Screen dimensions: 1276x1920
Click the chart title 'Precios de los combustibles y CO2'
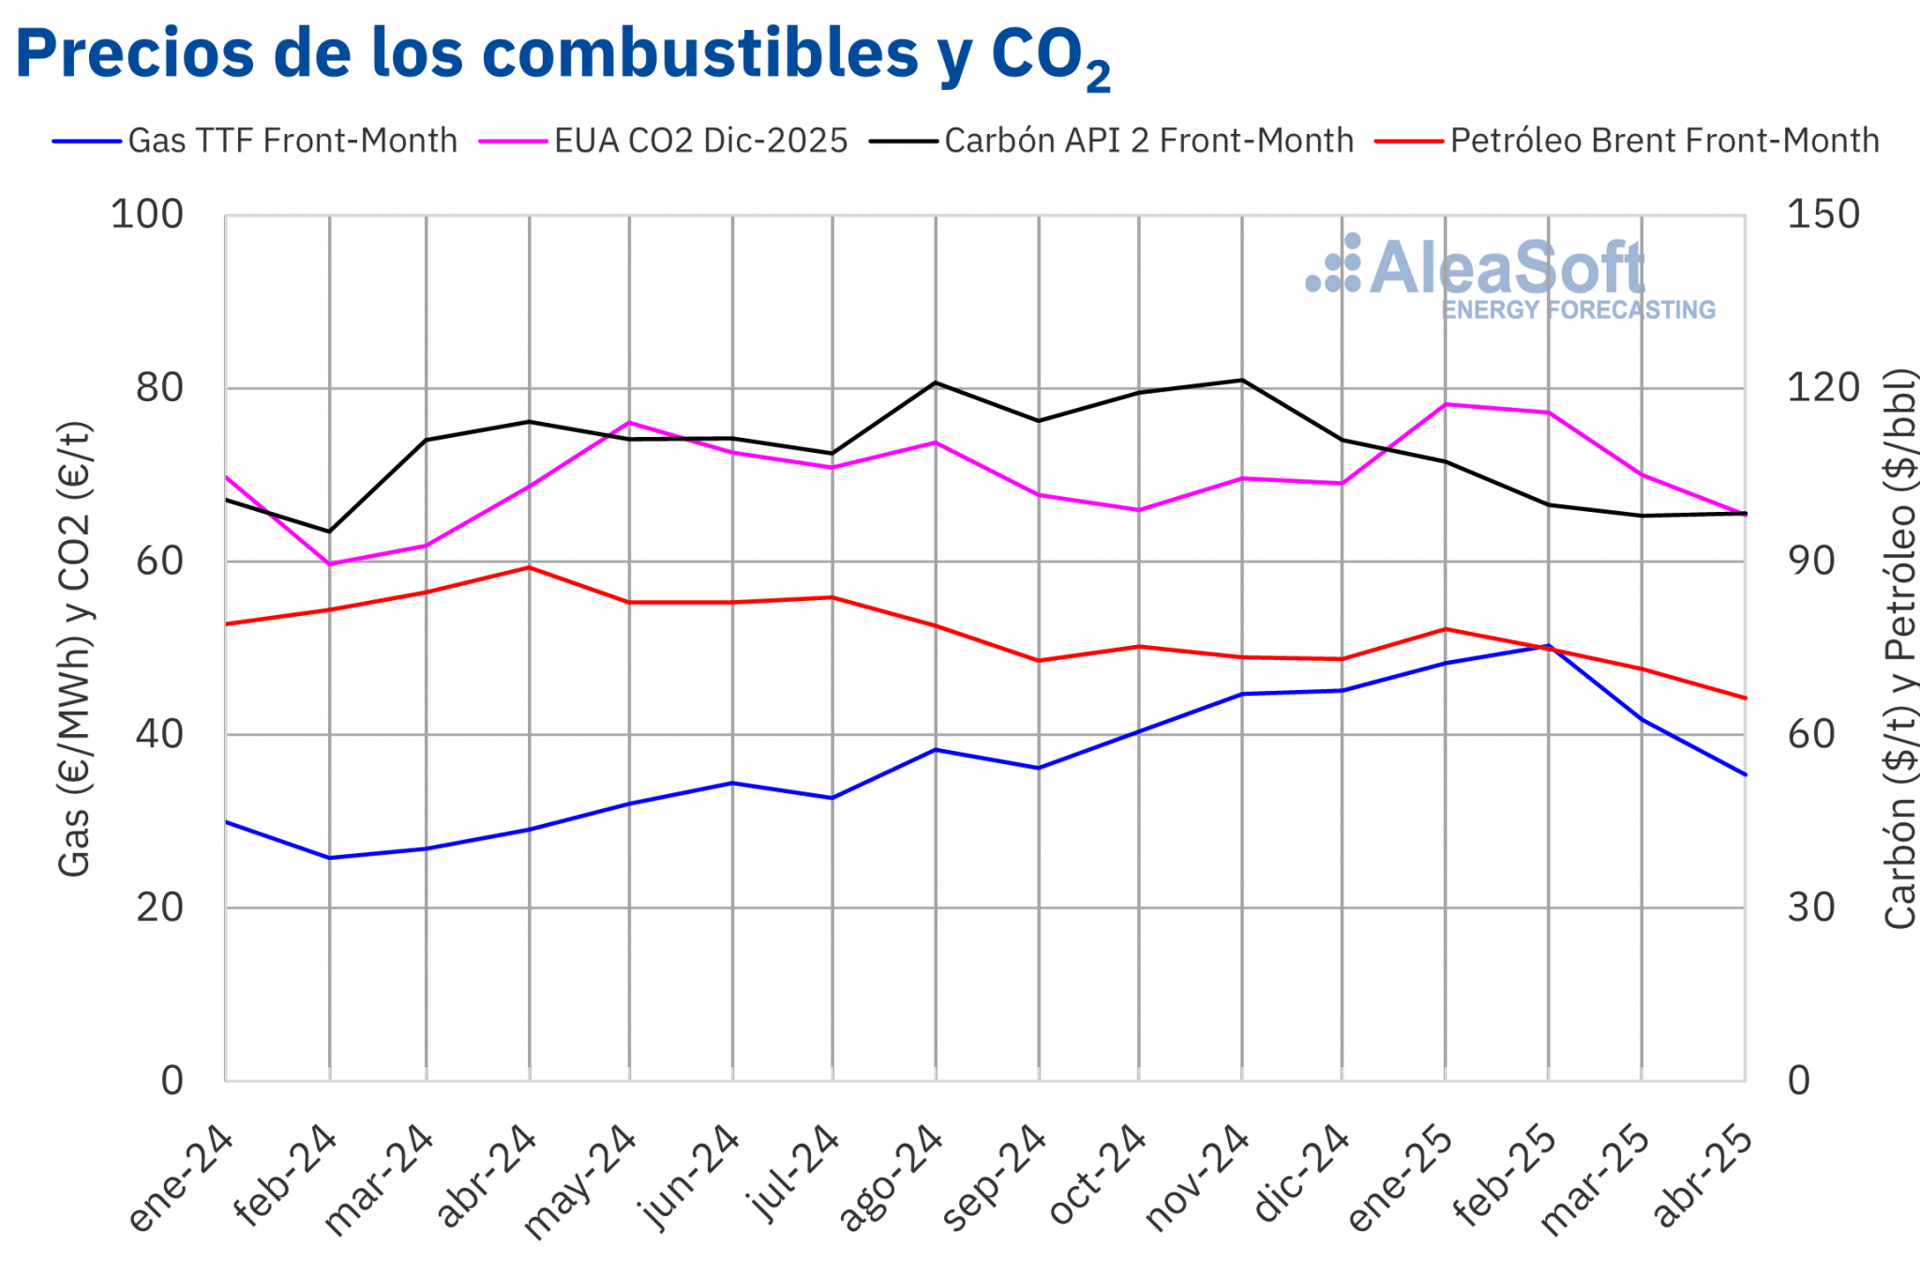coord(562,54)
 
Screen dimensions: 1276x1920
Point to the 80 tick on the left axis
coord(159,387)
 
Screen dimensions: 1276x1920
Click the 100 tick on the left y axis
coord(147,215)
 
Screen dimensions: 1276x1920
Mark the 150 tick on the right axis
coord(1822,215)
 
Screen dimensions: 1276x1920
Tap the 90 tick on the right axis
coord(1810,561)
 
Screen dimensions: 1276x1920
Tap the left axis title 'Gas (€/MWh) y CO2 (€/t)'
coord(75,649)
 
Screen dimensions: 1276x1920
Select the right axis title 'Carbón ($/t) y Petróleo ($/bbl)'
coord(1899,649)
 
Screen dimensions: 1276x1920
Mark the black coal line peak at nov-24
coord(1242,380)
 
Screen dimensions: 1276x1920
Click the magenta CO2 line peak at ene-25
coord(1446,404)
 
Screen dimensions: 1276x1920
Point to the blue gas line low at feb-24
coord(329,858)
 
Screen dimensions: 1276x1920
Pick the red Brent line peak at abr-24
coord(530,567)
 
